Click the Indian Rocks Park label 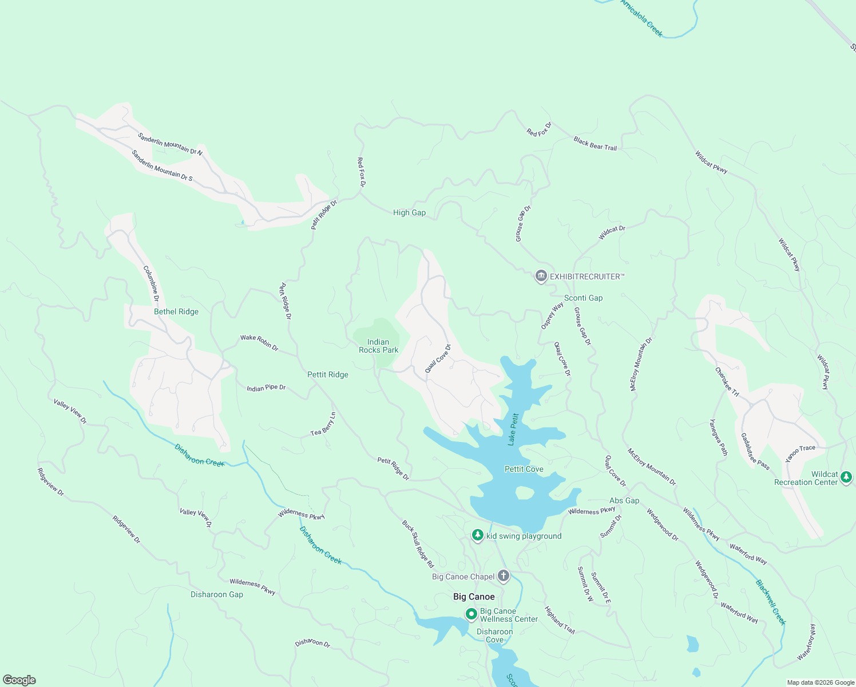(x=378, y=346)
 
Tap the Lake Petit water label (x=513, y=429)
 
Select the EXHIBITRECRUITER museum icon (x=541, y=277)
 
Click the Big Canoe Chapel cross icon (x=503, y=576)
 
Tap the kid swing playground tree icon (x=478, y=535)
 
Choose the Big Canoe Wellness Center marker (x=471, y=614)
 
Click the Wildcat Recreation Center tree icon (x=846, y=477)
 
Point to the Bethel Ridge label (x=176, y=311)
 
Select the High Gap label (x=409, y=212)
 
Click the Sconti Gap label (x=583, y=298)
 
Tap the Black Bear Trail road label (x=595, y=143)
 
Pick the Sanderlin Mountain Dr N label (x=170, y=144)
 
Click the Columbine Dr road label (x=151, y=283)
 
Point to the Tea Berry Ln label (x=323, y=424)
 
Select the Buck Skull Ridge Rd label (x=418, y=543)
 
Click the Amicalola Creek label (x=641, y=18)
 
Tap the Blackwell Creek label (x=771, y=602)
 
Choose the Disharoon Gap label (x=217, y=594)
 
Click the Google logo (x=19, y=680)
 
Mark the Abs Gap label (x=624, y=500)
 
